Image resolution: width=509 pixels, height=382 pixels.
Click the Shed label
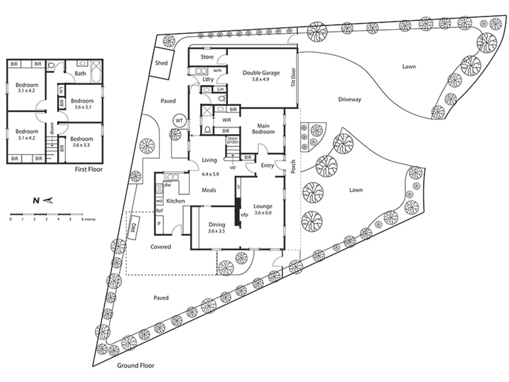click(x=161, y=63)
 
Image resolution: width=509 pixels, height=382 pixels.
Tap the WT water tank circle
click(x=179, y=121)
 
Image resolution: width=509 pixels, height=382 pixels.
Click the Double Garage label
click(x=261, y=73)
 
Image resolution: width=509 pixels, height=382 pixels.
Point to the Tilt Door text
click(x=293, y=78)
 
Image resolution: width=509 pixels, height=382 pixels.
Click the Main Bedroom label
click(x=263, y=129)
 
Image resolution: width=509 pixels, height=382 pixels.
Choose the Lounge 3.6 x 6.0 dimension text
click(x=263, y=213)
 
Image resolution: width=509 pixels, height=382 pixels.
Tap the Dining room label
click(x=217, y=225)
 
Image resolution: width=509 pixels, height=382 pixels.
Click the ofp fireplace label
click(x=244, y=215)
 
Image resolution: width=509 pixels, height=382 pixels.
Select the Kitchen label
click(x=175, y=201)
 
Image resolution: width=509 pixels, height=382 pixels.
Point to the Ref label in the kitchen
click(x=159, y=211)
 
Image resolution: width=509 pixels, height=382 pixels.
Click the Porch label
click(x=293, y=167)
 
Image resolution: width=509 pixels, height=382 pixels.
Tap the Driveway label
click(x=349, y=99)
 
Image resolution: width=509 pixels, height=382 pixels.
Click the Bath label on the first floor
click(x=80, y=74)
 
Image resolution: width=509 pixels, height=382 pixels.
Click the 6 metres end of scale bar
click(x=82, y=214)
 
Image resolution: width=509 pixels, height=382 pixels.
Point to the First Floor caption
click(x=88, y=169)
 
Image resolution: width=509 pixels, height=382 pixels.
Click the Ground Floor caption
click(x=136, y=365)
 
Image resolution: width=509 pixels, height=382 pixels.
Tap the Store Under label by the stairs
click(x=233, y=140)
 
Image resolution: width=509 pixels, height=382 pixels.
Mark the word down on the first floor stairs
click(x=52, y=128)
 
